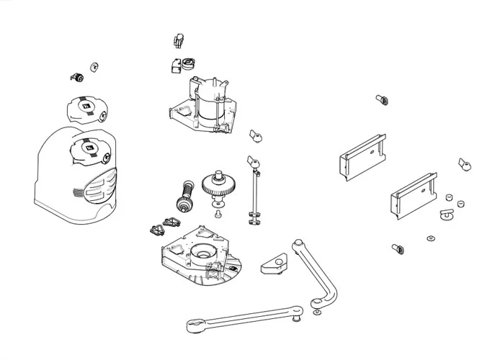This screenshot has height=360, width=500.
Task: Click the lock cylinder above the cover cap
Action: coord(76,76)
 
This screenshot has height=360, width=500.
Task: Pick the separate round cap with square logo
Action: coord(86,109)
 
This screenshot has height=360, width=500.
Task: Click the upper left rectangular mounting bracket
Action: coord(360,155)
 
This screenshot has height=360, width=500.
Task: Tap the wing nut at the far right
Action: coord(465,165)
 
